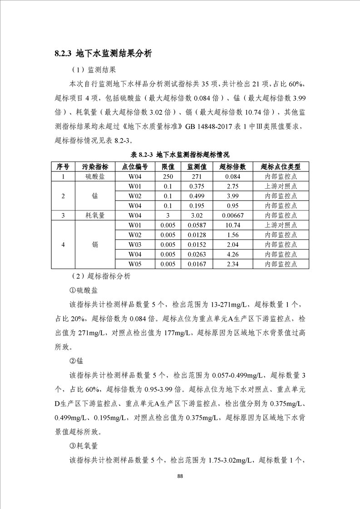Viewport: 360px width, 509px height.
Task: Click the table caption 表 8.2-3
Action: tap(181, 155)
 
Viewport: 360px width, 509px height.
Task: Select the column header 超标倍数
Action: tap(232, 166)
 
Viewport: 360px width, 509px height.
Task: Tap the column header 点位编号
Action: tap(135, 166)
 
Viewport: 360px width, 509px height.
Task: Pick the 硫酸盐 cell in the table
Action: tap(95, 176)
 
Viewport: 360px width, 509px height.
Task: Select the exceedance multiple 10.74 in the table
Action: tap(232, 225)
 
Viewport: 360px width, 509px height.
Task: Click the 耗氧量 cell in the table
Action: tap(95, 215)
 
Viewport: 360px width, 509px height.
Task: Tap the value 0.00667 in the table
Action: tap(232, 215)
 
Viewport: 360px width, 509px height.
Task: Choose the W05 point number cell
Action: tap(135, 264)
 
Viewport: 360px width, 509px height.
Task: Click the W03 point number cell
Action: tap(135, 245)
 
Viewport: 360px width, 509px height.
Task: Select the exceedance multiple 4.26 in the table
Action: tap(232, 254)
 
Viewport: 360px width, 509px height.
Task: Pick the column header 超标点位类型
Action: tap(281, 166)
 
